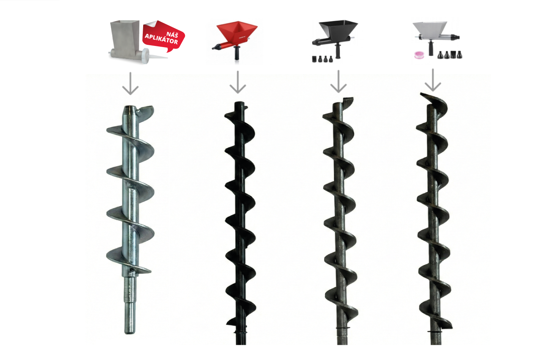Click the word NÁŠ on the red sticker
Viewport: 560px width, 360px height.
[172, 35]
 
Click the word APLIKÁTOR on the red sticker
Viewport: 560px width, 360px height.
[161, 39]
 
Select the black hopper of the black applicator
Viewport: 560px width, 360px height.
[338, 29]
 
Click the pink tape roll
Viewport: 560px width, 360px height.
[417, 55]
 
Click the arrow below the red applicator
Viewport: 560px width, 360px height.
[238, 82]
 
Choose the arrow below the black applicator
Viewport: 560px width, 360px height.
[338, 81]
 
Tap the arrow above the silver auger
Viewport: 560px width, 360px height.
[130, 84]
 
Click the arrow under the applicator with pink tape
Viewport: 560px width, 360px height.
[433, 80]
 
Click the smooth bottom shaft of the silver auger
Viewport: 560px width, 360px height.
[130, 305]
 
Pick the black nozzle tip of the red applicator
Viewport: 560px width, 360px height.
[215, 47]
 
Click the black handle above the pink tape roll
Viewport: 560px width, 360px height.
[431, 48]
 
